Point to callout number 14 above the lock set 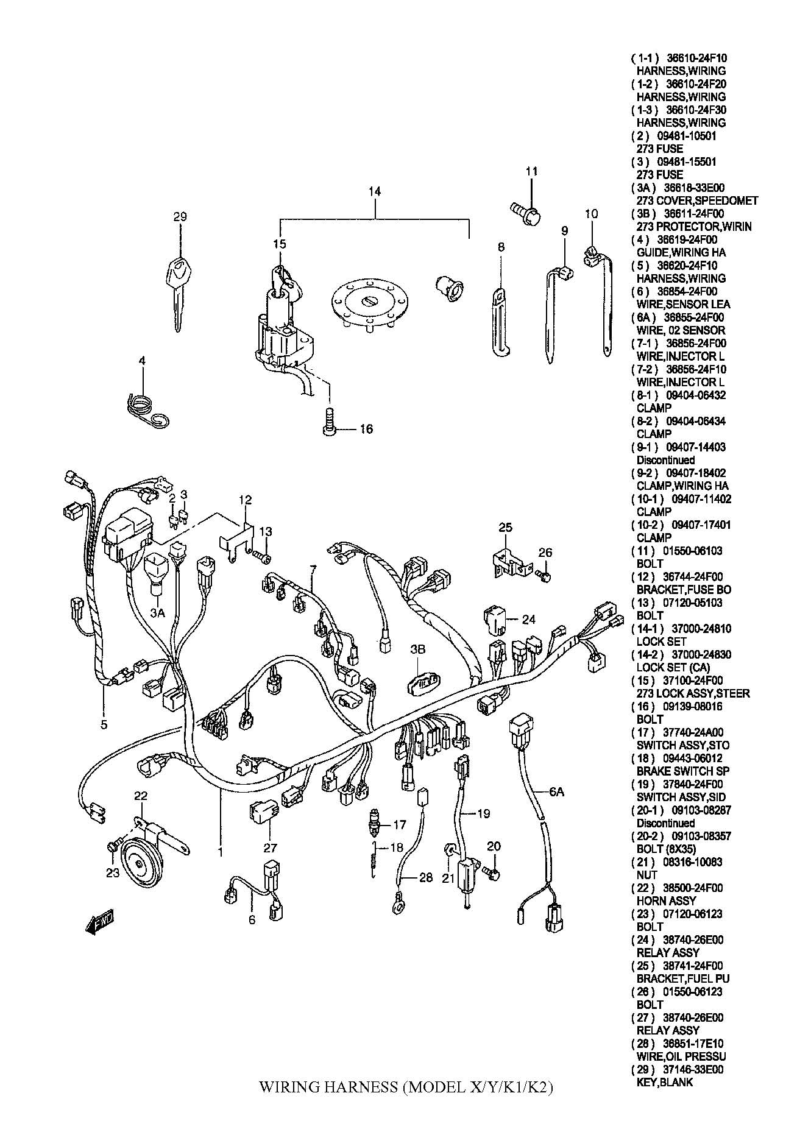click(375, 191)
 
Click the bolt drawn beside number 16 click(328, 422)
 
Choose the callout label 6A click(556, 792)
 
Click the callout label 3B click(417, 649)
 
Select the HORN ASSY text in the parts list click(666, 900)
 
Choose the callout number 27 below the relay click(271, 847)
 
